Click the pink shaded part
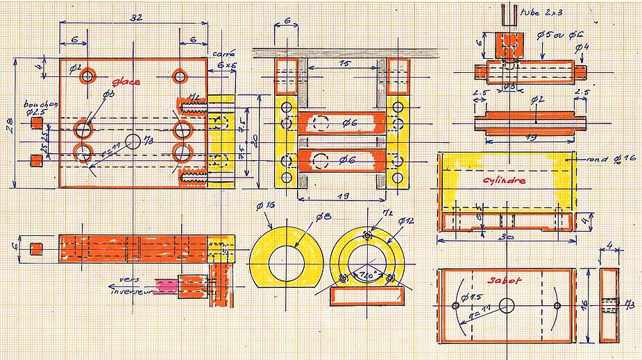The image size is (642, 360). click(x=167, y=284)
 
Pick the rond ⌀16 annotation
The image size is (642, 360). click(x=605, y=160)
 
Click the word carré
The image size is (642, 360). click(x=223, y=53)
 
